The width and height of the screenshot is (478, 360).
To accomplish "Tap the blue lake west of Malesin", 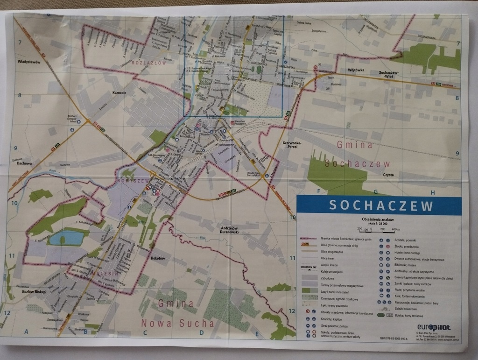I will [x=66, y=238].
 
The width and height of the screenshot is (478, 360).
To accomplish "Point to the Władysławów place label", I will [x=28, y=62].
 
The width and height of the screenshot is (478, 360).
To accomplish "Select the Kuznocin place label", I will [x=120, y=92].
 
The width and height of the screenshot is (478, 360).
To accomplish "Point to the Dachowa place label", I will [x=22, y=163].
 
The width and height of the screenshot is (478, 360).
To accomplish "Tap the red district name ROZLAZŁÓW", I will [x=146, y=62].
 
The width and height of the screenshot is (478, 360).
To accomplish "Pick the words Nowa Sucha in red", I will [x=177, y=323].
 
